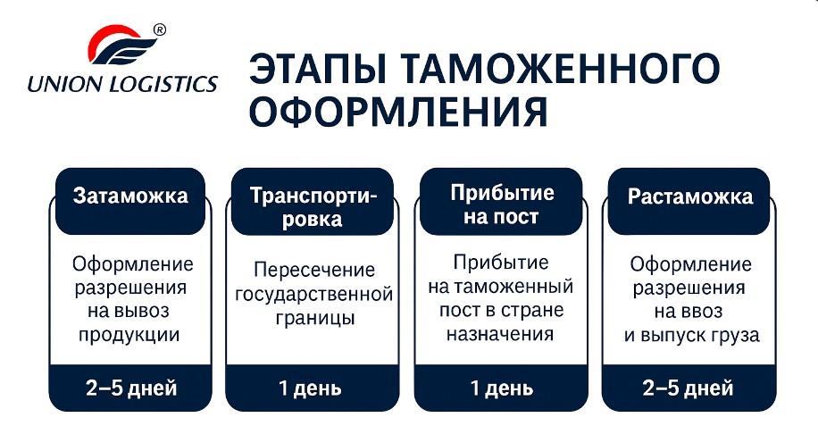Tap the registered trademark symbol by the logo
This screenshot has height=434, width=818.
pyautogui.click(x=160, y=29)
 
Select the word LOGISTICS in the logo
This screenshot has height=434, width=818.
pyautogui.click(x=160, y=85)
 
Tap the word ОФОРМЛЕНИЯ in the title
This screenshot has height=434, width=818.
pyautogui.click(x=397, y=114)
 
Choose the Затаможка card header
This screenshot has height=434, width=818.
pyautogui.click(x=130, y=196)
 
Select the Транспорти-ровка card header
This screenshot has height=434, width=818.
pyautogui.click(x=313, y=206)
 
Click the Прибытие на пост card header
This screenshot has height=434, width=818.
pyautogui.click(x=502, y=204)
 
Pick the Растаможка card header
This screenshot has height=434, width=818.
pyautogui.click(x=690, y=196)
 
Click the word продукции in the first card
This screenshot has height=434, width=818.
pyautogui.click(x=130, y=335)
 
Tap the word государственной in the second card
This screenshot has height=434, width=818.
pyautogui.click(x=313, y=294)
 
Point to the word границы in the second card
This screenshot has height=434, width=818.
pyautogui.click(x=313, y=318)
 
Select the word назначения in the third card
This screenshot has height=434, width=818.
pyautogui.click(x=502, y=334)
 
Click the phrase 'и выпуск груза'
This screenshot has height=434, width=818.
pyautogui.click(x=690, y=336)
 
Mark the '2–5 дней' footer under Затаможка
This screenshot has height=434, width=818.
pyautogui.click(x=130, y=388)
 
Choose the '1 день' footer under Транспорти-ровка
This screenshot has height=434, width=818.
pyautogui.click(x=313, y=388)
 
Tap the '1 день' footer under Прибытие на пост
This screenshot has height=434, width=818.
pyautogui.click(x=502, y=388)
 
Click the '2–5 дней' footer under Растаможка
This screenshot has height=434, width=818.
pyautogui.click(x=690, y=388)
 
